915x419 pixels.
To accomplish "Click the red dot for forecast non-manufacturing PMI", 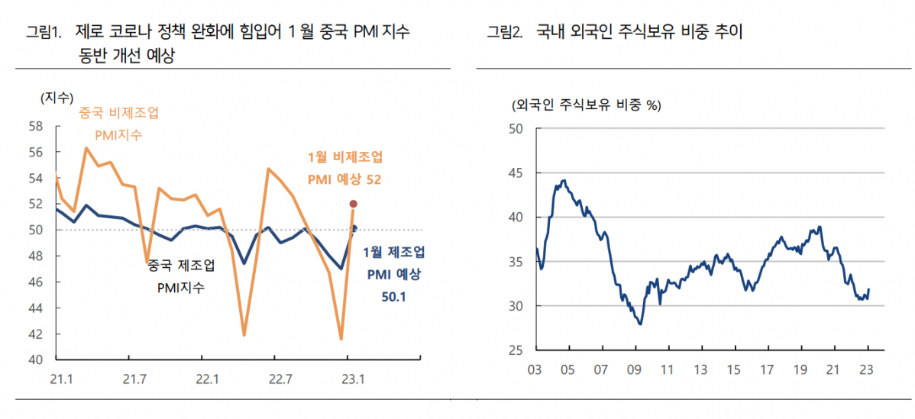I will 353,204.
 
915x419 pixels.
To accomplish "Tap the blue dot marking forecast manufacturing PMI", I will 354,227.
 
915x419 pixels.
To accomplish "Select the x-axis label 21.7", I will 134,379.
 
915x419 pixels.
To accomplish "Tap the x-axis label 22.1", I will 206,379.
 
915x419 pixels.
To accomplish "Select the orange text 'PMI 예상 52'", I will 344,179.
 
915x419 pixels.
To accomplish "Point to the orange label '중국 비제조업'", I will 119,113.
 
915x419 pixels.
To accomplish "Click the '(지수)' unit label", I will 55,97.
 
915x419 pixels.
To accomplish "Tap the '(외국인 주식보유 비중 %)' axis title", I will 585,105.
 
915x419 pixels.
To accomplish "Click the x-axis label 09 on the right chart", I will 634,370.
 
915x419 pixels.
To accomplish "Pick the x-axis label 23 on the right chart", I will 867,370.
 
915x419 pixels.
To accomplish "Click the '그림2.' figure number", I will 505,32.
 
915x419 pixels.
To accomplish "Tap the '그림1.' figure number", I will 44,32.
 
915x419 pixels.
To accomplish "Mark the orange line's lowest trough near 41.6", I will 341,339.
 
